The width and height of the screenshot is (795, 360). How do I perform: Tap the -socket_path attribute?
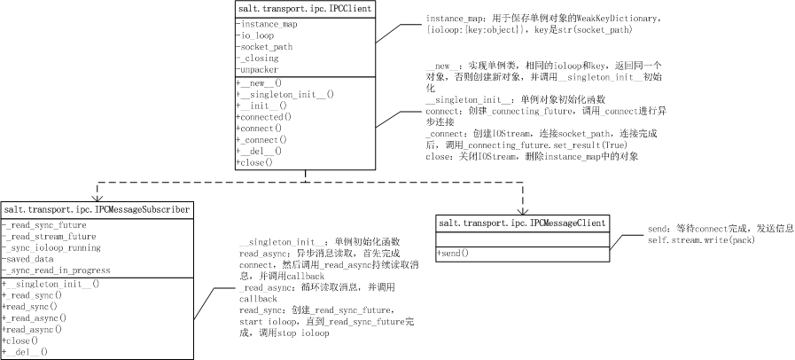267,46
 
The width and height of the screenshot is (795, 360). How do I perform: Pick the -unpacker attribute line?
260,68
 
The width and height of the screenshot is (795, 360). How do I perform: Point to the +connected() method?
264,117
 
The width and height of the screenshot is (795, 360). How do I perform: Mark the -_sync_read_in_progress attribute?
58,270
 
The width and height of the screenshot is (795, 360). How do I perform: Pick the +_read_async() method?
36,317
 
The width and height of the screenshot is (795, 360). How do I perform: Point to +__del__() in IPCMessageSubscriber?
28,351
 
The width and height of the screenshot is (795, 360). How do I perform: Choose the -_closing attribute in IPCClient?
257,58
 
